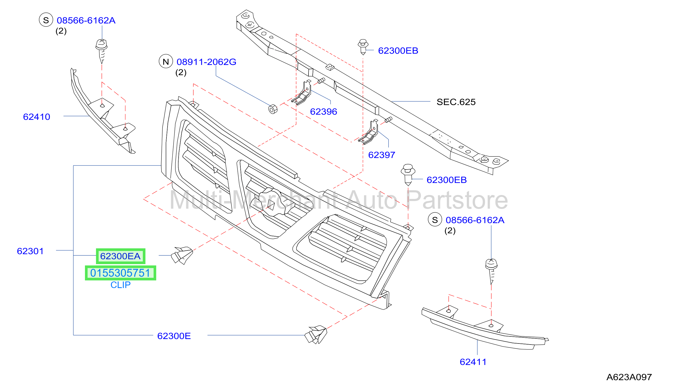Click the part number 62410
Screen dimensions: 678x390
(37, 117)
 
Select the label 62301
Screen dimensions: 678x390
(30, 251)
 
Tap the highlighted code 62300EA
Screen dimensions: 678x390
(120, 256)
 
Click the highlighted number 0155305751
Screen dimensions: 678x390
(120, 273)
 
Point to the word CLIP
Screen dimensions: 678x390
(121, 285)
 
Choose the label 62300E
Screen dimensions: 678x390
(174, 336)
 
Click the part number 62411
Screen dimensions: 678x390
(473, 362)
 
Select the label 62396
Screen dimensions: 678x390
(323, 112)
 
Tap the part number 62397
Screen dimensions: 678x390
(382, 155)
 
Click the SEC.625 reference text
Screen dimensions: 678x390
(456, 102)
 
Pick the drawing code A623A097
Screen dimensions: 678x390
(629, 377)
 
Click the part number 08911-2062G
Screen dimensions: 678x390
(206, 62)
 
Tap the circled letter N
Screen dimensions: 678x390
(166, 61)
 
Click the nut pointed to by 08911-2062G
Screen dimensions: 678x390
(273, 109)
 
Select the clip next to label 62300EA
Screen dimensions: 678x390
(182, 255)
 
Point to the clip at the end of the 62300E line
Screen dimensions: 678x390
(316, 335)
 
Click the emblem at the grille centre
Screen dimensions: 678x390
(272, 203)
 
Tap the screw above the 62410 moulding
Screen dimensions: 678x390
(102, 51)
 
